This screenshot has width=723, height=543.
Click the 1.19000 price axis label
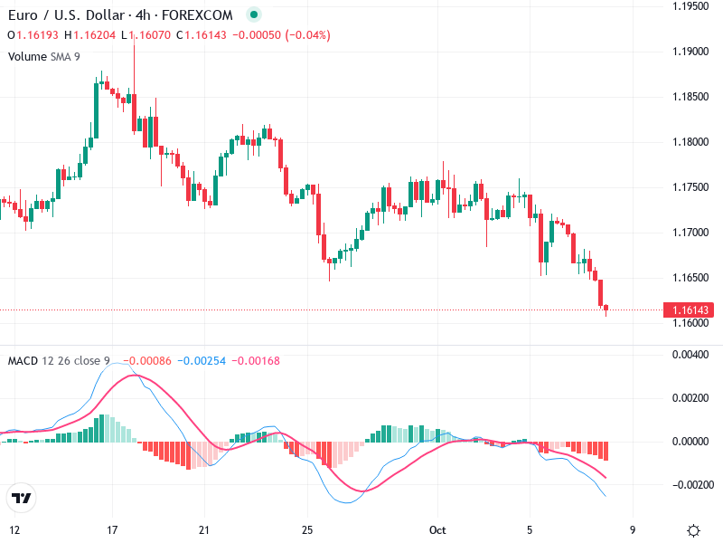pyautogui.click(x=690, y=52)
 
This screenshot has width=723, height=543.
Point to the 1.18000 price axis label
pyautogui.click(x=690, y=142)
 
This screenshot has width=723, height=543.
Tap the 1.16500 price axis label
pyautogui.click(x=690, y=277)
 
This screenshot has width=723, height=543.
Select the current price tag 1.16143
pyautogui.click(x=690, y=310)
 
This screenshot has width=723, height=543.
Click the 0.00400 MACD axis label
pyautogui.click(x=690, y=355)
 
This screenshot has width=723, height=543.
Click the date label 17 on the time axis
pyautogui.click(x=112, y=529)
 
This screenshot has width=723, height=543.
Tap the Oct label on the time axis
pyautogui.click(x=438, y=529)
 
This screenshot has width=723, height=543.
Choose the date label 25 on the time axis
pyautogui.click(x=307, y=529)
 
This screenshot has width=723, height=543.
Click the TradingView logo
pyautogui.click(x=22, y=498)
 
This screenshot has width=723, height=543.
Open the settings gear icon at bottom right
pyautogui.click(x=693, y=530)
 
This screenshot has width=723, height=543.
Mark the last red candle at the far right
pyautogui.click(x=606, y=310)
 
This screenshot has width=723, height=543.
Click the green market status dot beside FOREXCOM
pyautogui.click(x=253, y=14)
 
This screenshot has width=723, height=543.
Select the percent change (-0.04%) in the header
pyautogui.click(x=308, y=35)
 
